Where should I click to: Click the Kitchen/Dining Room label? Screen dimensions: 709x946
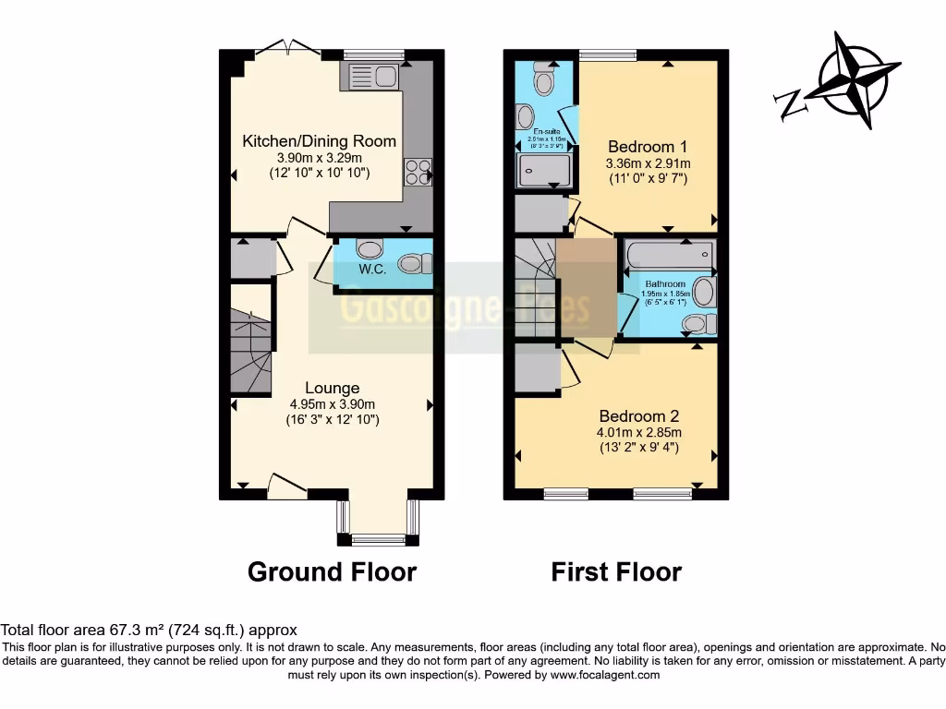319,141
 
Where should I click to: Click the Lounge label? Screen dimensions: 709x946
332,388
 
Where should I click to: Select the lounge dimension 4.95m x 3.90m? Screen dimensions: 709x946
332,403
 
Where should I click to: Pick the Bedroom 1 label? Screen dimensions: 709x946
648,147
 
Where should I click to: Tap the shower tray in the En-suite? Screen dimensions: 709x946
541,172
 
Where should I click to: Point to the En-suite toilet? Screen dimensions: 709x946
544,82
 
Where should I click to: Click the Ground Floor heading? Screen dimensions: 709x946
332,572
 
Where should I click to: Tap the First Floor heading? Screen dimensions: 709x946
616,572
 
